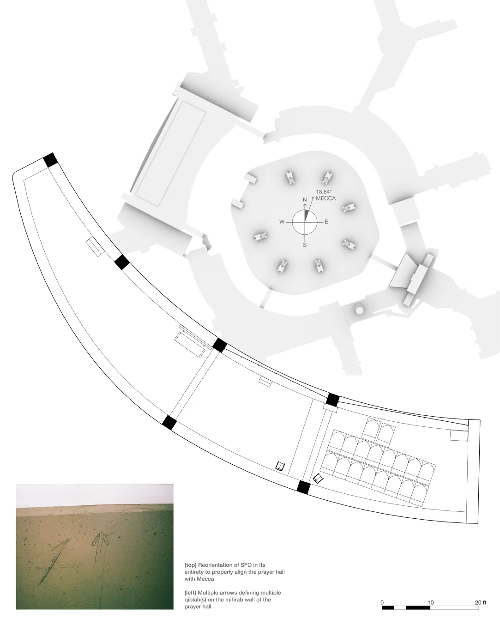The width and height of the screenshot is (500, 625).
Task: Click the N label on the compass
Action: click(x=305, y=200)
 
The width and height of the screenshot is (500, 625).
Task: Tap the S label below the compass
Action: click(x=305, y=245)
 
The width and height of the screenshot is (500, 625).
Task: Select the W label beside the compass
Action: click(x=282, y=222)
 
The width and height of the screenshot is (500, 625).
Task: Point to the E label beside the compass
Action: click(x=326, y=222)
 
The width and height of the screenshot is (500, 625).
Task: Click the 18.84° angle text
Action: click(x=324, y=191)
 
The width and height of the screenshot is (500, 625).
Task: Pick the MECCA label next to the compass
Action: click(x=325, y=198)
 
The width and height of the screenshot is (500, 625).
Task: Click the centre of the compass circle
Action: click(x=305, y=222)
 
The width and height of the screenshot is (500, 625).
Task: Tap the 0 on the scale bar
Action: click(x=382, y=602)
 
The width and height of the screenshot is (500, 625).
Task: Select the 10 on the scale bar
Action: click(x=430, y=602)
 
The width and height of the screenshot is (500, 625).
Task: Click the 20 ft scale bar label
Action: click(x=481, y=602)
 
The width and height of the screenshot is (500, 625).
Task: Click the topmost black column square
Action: click(x=50, y=160)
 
